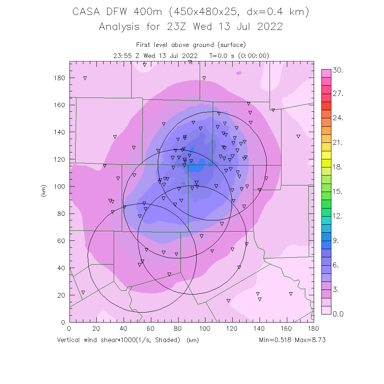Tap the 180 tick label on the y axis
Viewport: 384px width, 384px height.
click(x=60, y=78)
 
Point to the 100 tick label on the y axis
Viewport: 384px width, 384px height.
click(x=60, y=187)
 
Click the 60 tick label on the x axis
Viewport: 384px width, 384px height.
click(x=151, y=329)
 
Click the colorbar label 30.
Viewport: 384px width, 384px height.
click(x=338, y=71)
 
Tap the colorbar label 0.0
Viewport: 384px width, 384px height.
click(x=338, y=314)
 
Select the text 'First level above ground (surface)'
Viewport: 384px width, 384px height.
click(x=191, y=45)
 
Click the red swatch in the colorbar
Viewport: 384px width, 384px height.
click(x=326, y=106)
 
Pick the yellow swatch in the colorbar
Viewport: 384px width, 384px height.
click(x=326, y=154)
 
